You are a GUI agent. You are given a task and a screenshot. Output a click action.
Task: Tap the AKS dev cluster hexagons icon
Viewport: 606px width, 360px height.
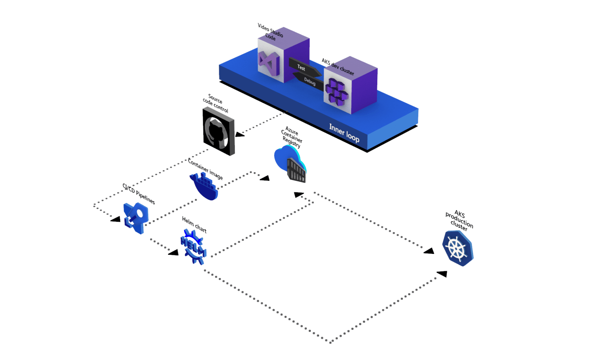tap(337, 92)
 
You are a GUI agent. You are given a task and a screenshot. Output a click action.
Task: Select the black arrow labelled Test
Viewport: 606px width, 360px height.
tap(303, 67)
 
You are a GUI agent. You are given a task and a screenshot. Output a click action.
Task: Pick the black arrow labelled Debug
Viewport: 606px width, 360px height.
tap(308, 81)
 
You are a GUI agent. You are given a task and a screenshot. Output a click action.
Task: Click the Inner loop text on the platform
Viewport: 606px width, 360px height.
tap(344, 133)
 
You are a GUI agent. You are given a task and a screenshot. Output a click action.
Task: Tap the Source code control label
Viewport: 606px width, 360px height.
tap(215, 104)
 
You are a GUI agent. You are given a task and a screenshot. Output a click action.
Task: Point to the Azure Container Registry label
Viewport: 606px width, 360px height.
tap(292, 137)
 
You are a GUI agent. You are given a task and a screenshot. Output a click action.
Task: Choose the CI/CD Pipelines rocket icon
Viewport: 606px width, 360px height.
tap(136, 218)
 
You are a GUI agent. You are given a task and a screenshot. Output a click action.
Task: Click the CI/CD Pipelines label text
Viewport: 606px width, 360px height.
tap(139, 194)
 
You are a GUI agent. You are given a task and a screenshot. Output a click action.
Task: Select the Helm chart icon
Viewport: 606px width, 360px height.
tap(193, 246)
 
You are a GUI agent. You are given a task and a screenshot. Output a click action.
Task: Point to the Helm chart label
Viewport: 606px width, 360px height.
tap(194, 225)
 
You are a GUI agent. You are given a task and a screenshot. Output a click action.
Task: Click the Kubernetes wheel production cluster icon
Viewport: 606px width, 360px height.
tap(457, 248)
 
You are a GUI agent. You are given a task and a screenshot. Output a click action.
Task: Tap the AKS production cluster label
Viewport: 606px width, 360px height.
tap(459, 220)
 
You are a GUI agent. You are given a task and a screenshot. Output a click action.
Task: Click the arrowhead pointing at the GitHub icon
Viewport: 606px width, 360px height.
tap(239, 134)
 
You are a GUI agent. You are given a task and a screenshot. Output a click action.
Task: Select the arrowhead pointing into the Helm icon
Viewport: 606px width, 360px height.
tap(173, 252)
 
